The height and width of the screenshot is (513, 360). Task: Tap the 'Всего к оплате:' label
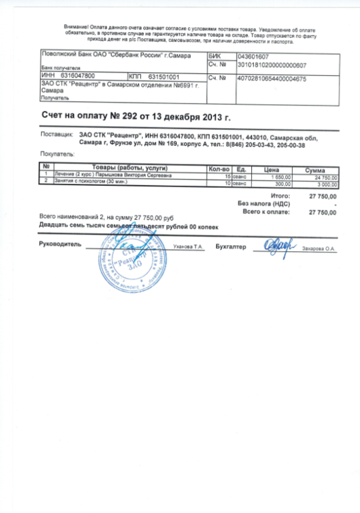(x=267, y=211)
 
